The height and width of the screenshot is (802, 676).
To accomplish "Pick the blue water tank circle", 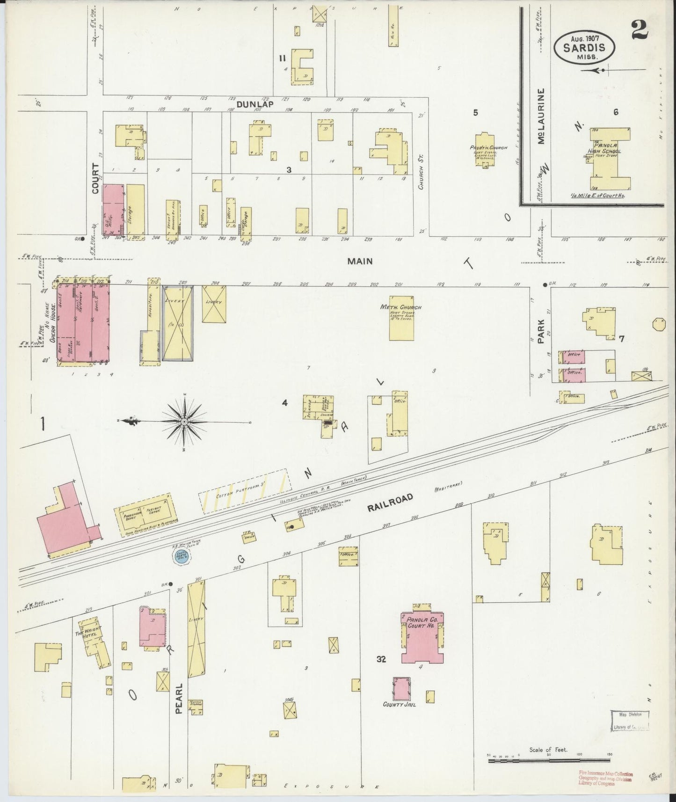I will [182, 556].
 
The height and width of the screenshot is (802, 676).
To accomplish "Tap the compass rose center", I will [184, 422].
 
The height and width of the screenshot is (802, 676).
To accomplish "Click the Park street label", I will [541, 331].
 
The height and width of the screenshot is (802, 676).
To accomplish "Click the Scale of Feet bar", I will [550, 761].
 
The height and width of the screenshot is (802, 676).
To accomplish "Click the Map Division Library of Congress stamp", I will [630, 733].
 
